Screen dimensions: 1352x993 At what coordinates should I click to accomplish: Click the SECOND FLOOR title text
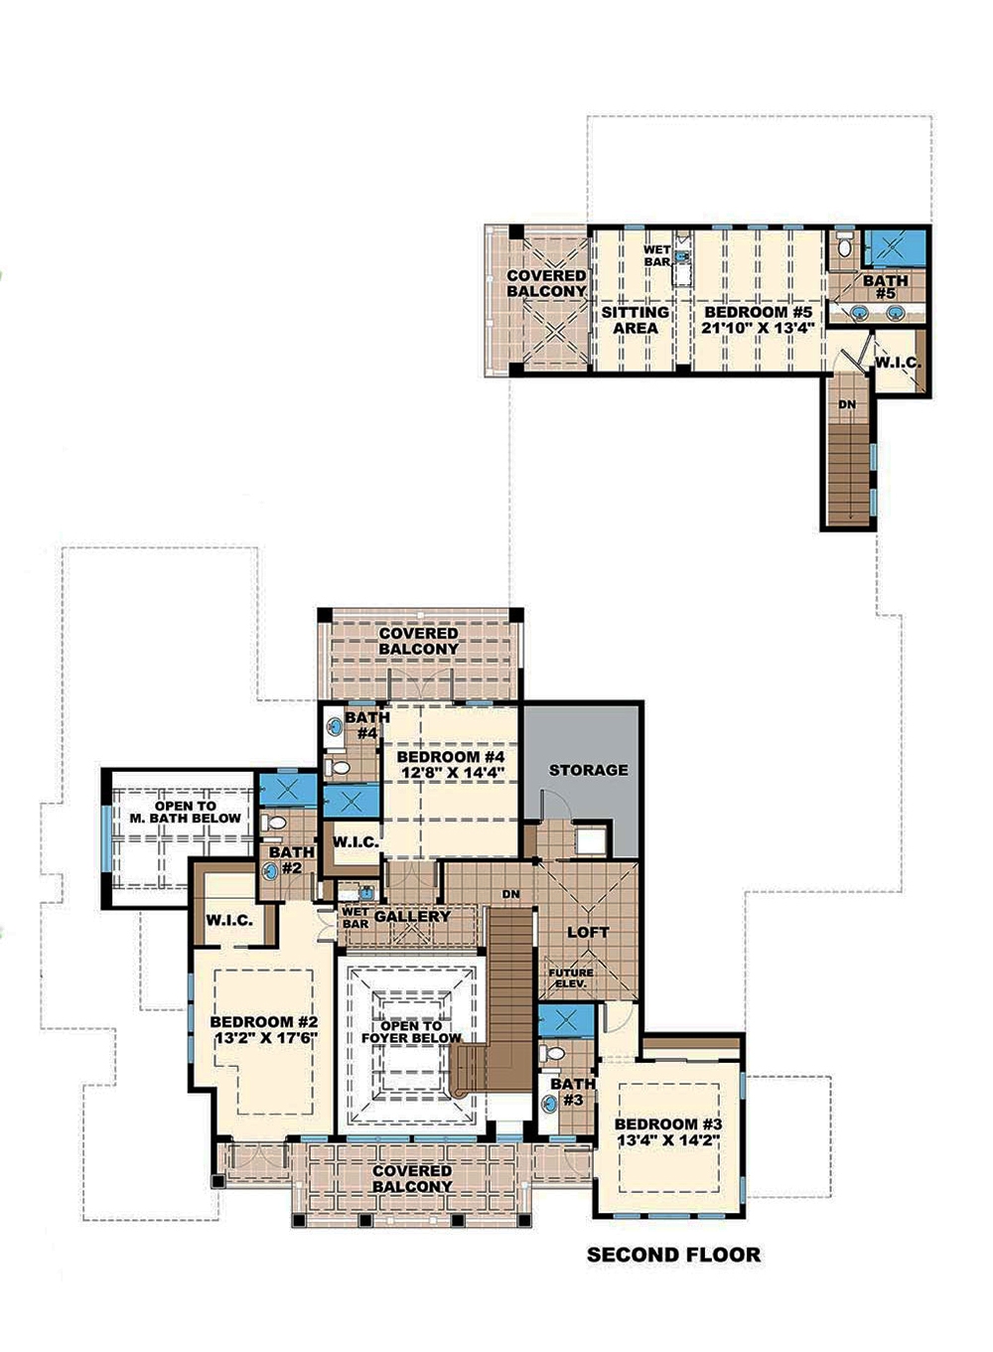coord(673,1255)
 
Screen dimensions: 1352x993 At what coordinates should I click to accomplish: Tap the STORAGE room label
coord(588,770)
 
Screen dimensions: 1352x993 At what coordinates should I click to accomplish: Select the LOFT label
coord(587,932)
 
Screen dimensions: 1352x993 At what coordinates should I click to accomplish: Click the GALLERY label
coord(412,916)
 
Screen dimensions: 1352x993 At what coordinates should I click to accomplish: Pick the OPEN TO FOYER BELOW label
coord(411,1032)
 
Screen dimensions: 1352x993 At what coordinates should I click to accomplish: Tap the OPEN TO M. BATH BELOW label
coord(186,813)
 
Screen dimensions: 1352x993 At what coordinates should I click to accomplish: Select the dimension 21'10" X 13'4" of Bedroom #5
coord(760,328)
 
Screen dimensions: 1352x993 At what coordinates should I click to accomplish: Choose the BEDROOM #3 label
coord(667,1125)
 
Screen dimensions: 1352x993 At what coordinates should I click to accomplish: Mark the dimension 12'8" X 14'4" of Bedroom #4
coord(452,772)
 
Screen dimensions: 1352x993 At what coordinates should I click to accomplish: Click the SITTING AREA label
coord(635,320)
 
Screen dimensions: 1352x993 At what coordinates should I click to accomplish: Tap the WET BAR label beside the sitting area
coord(657,255)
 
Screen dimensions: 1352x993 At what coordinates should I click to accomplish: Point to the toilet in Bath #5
coord(844,249)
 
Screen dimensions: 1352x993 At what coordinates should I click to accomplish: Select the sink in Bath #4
coord(335,728)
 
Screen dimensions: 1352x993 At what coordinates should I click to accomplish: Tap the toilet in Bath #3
coord(556,1052)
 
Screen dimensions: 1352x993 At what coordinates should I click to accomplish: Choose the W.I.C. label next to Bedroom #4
coord(355,842)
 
